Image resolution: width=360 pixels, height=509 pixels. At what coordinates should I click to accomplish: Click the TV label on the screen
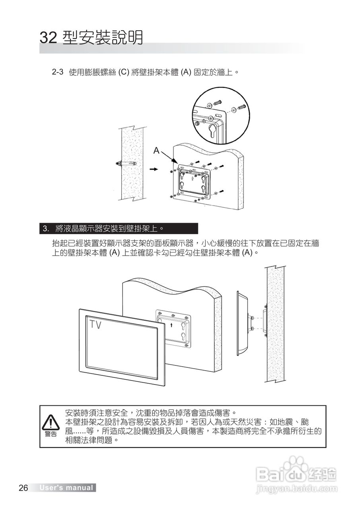(x=95, y=325)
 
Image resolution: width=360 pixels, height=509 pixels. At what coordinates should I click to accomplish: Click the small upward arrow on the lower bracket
(x=172, y=325)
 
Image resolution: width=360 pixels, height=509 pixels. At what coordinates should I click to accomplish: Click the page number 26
(x=23, y=488)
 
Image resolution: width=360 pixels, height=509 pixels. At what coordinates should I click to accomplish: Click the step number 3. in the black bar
(x=46, y=229)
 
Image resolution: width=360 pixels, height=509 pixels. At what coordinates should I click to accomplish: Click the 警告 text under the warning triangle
(x=51, y=433)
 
